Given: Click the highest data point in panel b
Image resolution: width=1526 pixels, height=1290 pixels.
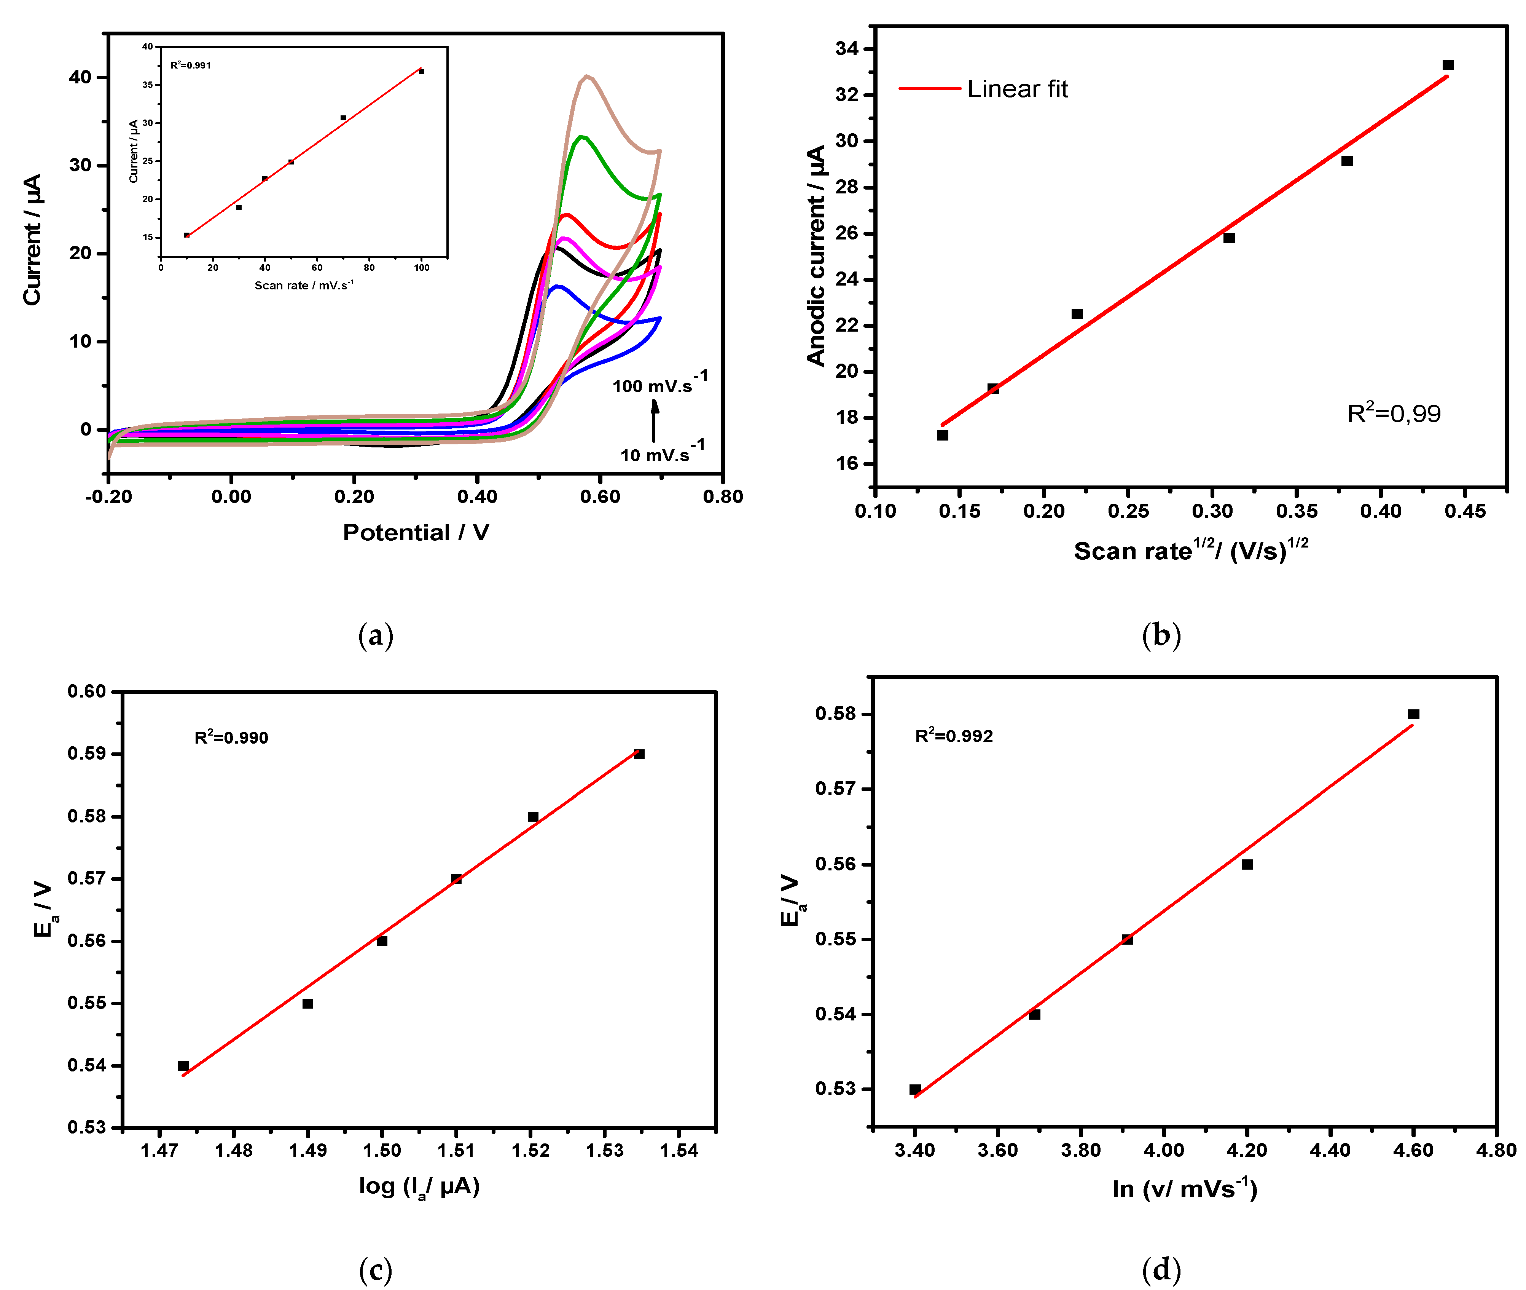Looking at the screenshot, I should (1448, 65).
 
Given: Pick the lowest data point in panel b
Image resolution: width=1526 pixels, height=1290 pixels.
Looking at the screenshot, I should (942, 435).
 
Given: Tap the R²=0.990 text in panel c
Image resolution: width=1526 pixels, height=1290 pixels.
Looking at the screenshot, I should (231, 737).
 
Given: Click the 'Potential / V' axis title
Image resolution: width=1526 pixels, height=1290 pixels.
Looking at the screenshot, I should (416, 532).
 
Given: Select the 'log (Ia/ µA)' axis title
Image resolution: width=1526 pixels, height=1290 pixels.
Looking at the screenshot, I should (419, 1186).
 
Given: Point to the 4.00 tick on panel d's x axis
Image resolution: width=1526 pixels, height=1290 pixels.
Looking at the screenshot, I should (1163, 1150).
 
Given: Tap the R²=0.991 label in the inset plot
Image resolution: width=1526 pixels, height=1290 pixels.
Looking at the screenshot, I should (191, 65).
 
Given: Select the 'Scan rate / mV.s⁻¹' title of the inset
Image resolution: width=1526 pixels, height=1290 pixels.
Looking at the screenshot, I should (303, 285).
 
